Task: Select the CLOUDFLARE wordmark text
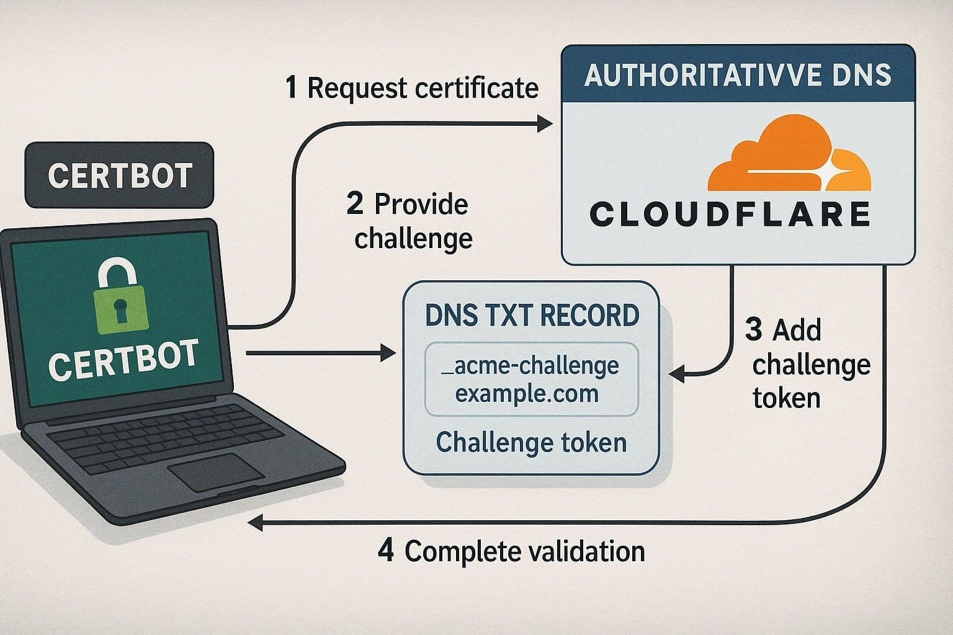point(730,215)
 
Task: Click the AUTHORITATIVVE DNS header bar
point(738,76)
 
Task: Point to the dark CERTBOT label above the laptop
point(119,175)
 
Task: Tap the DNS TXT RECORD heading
point(532,316)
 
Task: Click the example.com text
point(527,394)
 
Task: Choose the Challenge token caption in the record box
point(531,442)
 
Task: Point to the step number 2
point(355,204)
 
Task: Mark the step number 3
point(753,330)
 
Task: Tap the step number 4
point(386,551)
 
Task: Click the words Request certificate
point(423,89)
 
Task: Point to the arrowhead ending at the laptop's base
point(255,523)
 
